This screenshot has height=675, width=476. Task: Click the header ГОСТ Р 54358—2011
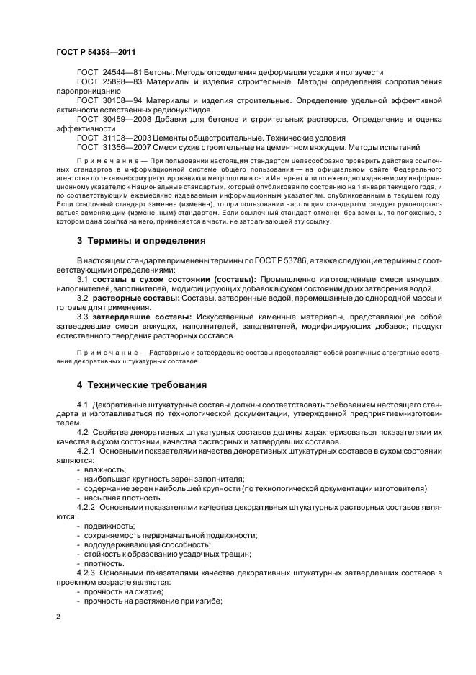point(95,52)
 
